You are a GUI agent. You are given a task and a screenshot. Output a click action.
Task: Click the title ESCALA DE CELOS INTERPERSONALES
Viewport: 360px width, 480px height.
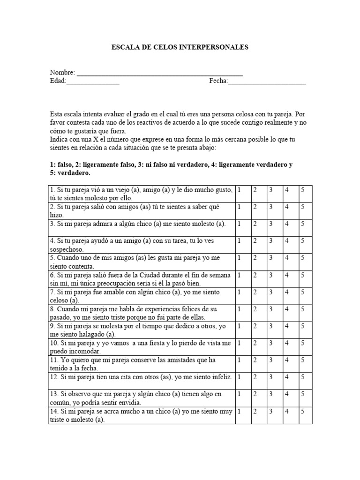(180, 47)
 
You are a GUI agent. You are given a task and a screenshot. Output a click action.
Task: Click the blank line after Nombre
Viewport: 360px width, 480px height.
(159, 74)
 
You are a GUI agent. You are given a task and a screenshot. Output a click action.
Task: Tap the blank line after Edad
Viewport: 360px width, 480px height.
(93, 82)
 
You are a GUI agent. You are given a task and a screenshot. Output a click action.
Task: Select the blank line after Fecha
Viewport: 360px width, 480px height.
(267, 82)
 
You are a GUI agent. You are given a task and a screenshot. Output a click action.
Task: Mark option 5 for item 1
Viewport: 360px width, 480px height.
(303, 190)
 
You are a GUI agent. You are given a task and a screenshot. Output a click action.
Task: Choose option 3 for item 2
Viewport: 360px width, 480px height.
(270, 207)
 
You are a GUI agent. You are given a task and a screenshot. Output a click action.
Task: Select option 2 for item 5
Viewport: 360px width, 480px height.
(255, 258)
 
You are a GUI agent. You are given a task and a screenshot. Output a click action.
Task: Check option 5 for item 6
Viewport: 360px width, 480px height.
(303, 275)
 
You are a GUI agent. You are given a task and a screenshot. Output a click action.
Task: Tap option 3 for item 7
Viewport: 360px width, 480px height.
(270, 292)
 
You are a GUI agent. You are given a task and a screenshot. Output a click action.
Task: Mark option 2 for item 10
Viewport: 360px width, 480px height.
(255, 343)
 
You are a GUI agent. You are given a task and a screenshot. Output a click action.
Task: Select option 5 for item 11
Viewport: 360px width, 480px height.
(303, 360)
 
